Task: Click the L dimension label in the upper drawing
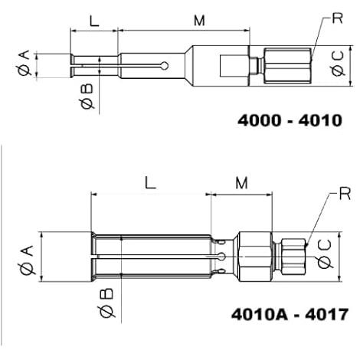point(94,21)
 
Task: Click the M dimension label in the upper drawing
point(199,21)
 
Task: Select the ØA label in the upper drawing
point(25,63)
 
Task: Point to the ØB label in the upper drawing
point(87,97)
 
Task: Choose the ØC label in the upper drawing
point(338,64)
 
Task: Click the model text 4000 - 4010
point(290,120)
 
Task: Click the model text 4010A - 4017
point(290,314)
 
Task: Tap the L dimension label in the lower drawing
point(150,183)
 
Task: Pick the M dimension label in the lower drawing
point(241,183)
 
